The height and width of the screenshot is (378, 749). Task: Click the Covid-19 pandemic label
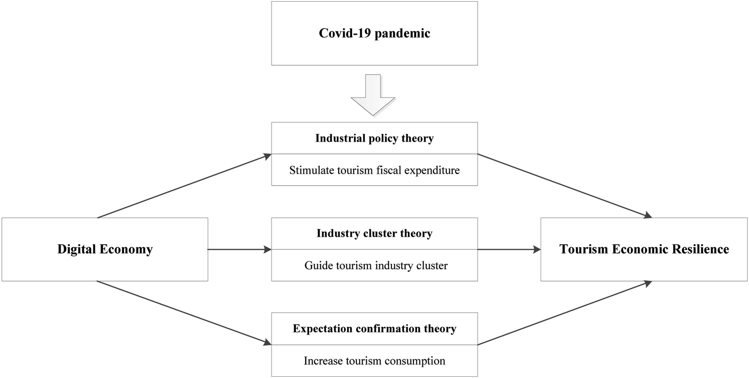point(374,33)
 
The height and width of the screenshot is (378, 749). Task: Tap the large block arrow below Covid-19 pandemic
point(373,95)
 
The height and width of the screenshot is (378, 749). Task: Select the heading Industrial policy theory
point(374,138)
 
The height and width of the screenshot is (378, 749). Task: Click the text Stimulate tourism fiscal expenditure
point(374,170)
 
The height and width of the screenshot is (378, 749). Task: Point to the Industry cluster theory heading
point(374,233)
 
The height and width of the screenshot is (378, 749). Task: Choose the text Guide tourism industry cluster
point(376,266)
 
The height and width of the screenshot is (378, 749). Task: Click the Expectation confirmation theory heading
point(374,329)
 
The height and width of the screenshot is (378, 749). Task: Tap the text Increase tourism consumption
point(374,361)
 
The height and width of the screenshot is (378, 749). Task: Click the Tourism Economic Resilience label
point(644,249)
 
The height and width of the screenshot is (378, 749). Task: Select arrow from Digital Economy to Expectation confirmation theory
point(184,313)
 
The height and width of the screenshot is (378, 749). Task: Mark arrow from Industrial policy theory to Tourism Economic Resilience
point(565,186)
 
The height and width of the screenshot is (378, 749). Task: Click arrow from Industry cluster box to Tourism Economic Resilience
point(509,249)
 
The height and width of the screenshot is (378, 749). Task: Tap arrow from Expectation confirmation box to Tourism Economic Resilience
point(565,313)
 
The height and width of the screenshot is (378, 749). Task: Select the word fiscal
point(389,170)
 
